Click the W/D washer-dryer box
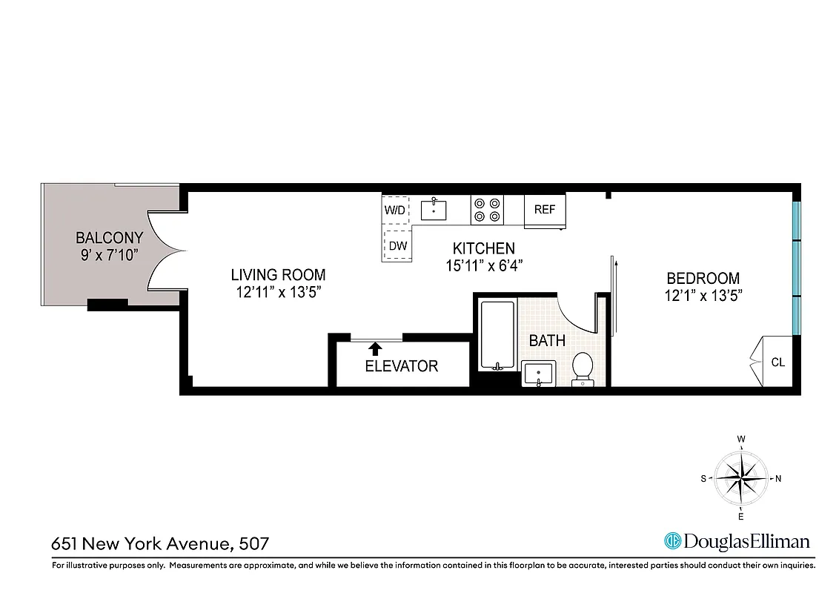[x=395, y=210]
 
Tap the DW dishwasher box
[x=398, y=245]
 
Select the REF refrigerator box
[x=545, y=210]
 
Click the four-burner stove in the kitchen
[x=487, y=210]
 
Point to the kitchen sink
[x=434, y=211]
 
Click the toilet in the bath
[x=583, y=368]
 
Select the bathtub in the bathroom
[x=497, y=335]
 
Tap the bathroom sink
[x=537, y=374]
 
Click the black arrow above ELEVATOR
[x=376, y=347]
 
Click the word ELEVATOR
[x=401, y=366]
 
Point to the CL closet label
[x=777, y=362]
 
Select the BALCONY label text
[x=109, y=238]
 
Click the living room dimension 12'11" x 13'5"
[x=277, y=293]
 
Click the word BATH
[x=547, y=341]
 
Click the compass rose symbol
[x=740, y=478]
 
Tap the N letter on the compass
[x=778, y=479]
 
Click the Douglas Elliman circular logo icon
[x=673, y=542]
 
